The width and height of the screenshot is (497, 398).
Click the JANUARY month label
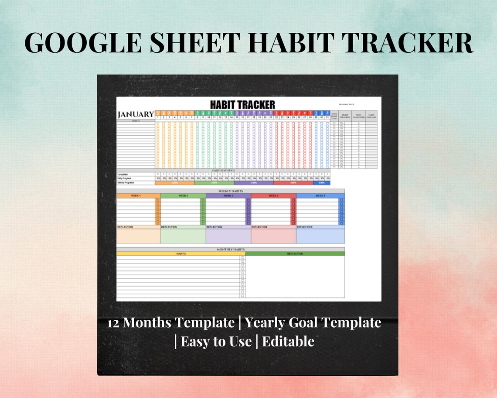click(x=136, y=114)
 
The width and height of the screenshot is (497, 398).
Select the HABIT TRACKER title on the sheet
click(x=242, y=105)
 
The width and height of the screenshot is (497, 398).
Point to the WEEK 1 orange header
click(x=136, y=196)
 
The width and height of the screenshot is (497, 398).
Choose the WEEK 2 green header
click(x=183, y=196)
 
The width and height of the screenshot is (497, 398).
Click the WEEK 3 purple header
click(x=228, y=196)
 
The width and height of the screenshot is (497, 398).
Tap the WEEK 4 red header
click(x=273, y=196)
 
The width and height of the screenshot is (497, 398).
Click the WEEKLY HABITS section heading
click(x=230, y=191)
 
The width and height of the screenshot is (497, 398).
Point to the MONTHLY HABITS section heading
click(x=230, y=249)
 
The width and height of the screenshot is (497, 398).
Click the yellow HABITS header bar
click(x=180, y=254)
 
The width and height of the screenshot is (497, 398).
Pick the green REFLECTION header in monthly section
click(x=295, y=254)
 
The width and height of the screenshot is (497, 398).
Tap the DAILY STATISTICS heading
click(x=223, y=170)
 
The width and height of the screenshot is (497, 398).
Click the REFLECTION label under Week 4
click(x=259, y=227)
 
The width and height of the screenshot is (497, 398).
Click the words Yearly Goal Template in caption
click(x=313, y=323)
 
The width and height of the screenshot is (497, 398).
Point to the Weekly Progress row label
click(x=126, y=183)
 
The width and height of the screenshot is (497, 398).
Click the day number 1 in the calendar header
click(x=158, y=117)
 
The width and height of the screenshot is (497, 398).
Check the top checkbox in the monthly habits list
click(x=243, y=258)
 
